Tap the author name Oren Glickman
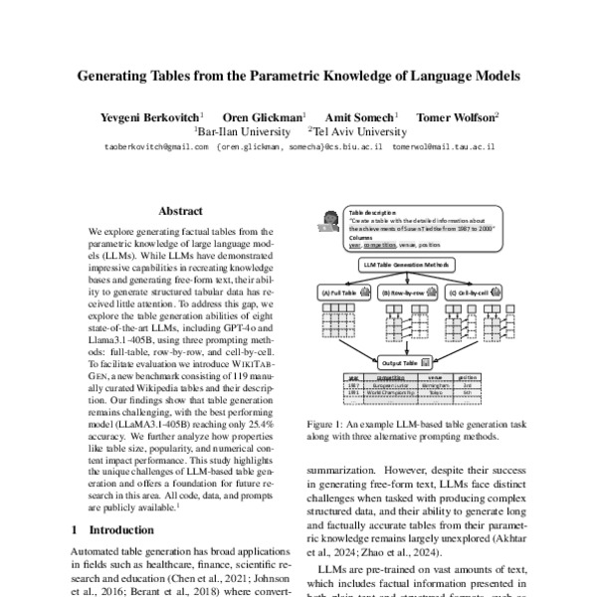coord(264,116)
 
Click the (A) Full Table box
coord(342,293)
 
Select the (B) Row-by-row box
coord(402,293)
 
